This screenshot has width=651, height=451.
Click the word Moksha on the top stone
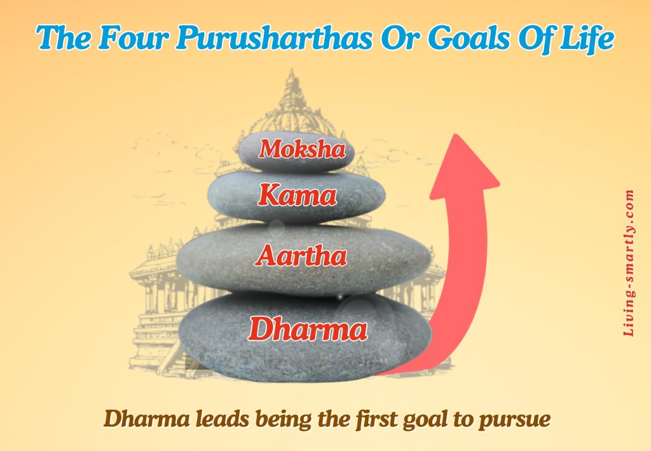click(302, 150)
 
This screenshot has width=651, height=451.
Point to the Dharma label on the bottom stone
click(308, 329)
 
